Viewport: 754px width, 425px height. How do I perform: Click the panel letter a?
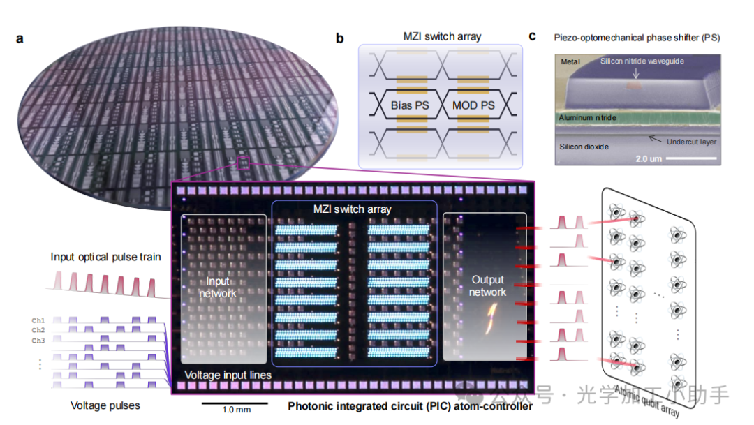coord(20,39)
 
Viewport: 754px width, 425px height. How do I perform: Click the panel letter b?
coord(340,39)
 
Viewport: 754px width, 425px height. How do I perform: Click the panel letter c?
coord(533,36)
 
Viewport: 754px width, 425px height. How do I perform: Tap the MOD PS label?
coord(475,106)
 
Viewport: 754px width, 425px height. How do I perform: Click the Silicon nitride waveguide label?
coord(642,61)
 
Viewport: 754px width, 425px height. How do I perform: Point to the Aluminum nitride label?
coord(587,118)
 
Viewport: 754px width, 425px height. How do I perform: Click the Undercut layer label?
coord(691,142)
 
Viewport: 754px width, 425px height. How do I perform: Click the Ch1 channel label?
coord(38,320)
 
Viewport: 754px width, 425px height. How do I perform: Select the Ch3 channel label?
coord(38,340)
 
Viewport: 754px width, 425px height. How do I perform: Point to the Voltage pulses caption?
coord(105,405)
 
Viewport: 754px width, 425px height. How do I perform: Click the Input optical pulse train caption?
coord(105,257)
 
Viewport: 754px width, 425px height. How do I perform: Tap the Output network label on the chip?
coord(487,285)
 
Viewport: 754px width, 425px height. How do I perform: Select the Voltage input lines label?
coord(228,375)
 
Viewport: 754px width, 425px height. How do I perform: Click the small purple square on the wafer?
coord(243,163)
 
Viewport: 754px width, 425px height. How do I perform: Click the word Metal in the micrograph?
coord(570,62)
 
